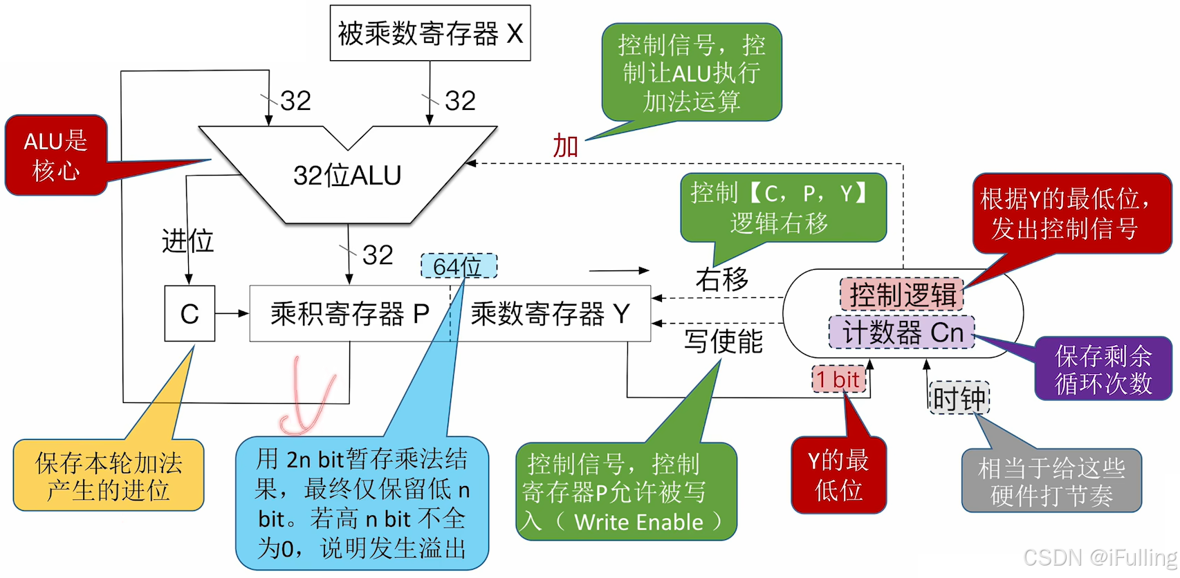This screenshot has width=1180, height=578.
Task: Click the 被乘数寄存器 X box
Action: pos(430,33)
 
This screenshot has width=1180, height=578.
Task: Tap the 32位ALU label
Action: pos(347,176)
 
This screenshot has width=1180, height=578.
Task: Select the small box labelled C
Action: pos(190,314)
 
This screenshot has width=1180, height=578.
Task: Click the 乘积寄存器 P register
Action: pos(349,314)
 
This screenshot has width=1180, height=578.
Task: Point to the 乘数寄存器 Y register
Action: pos(551,314)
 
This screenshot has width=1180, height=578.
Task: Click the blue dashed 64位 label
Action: pos(459,266)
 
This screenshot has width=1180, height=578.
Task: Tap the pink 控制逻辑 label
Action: pos(902,295)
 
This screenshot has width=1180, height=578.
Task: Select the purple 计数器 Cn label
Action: pos(902,333)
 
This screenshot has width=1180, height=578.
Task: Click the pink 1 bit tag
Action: pos(838,379)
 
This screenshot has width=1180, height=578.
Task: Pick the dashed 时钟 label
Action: pos(959,398)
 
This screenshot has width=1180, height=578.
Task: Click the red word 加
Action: pos(565,146)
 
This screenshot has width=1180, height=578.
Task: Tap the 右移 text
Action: pos(722,279)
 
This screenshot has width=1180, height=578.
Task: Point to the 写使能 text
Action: pos(723,341)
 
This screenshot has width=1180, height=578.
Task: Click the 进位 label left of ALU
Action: pos(187,241)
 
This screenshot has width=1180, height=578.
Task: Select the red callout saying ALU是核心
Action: pos(56,156)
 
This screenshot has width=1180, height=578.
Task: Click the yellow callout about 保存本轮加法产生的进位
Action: pos(109,476)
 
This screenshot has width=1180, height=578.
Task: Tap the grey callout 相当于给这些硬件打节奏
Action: pos(1051,481)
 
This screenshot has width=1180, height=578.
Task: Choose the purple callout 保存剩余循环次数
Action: pos(1103,369)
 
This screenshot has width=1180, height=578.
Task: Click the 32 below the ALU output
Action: pos(378,255)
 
